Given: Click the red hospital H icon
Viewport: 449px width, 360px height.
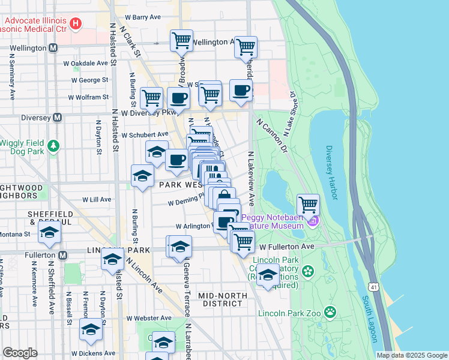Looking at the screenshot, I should point(76,24).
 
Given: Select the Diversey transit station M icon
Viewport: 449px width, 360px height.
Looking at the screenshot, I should point(58,118).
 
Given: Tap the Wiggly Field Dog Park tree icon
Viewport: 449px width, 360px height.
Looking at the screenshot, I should point(54,146).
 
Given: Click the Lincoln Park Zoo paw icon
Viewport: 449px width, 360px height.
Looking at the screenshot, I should point(330,311).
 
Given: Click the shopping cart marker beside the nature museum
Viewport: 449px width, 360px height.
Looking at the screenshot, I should point(308,205).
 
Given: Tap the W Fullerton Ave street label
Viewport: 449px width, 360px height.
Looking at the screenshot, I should point(287,247).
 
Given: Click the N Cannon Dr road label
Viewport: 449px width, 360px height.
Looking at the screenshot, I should point(273,136).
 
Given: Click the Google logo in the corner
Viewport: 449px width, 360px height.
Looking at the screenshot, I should point(20,353).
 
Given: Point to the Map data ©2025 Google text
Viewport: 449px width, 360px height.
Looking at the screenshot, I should point(412,355).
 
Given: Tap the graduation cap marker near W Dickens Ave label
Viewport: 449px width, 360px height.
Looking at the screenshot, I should point(91,330).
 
